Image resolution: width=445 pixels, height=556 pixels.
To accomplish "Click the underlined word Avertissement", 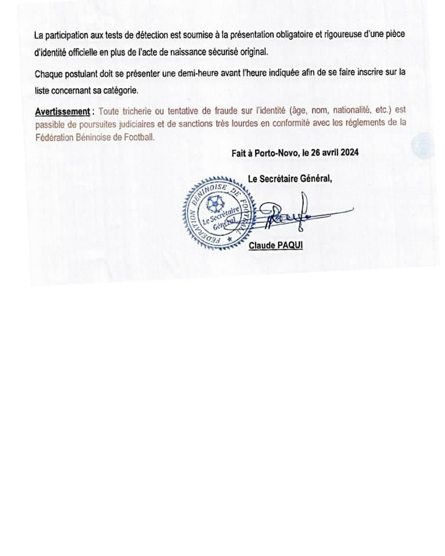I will tap(63, 111).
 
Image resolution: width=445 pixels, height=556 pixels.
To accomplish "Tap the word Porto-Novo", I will tap(273, 153).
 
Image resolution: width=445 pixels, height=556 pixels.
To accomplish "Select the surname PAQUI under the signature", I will tap(289, 246).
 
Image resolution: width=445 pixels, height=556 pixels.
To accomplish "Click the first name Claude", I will tap(261, 246).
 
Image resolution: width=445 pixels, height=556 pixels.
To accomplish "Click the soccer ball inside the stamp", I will tap(215, 203).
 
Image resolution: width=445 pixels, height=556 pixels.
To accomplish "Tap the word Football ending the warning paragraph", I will tap(140, 137).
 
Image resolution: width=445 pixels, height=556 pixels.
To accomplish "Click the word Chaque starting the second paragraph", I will tap(49, 74).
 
